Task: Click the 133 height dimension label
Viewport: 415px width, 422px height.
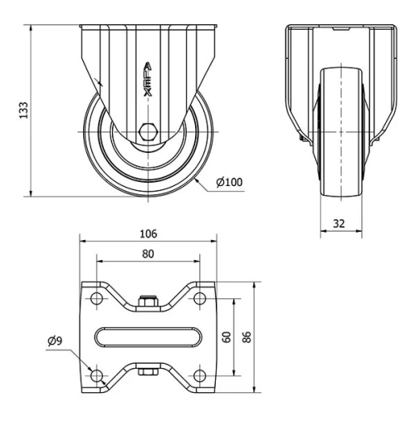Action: click(24, 109)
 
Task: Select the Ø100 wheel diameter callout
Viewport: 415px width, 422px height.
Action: click(228, 182)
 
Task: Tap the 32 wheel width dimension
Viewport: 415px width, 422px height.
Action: click(339, 223)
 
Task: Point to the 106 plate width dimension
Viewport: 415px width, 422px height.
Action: click(149, 233)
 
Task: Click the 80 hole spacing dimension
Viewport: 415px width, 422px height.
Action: click(149, 255)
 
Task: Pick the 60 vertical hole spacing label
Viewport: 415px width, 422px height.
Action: click(226, 336)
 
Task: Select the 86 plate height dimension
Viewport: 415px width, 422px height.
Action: click(247, 336)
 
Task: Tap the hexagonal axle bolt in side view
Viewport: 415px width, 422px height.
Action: click(149, 131)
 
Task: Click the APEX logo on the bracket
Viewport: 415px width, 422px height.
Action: click(148, 80)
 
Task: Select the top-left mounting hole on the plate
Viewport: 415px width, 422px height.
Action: click(96, 298)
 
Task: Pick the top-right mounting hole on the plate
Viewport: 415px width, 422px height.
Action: click(200, 298)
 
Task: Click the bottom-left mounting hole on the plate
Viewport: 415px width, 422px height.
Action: click(96, 375)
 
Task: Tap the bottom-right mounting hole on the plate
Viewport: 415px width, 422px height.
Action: click(200, 375)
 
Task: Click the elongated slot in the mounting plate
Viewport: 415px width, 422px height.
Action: click(149, 336)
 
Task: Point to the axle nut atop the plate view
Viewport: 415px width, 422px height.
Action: click(149, 301)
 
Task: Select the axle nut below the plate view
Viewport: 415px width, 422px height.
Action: click(149, 373)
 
